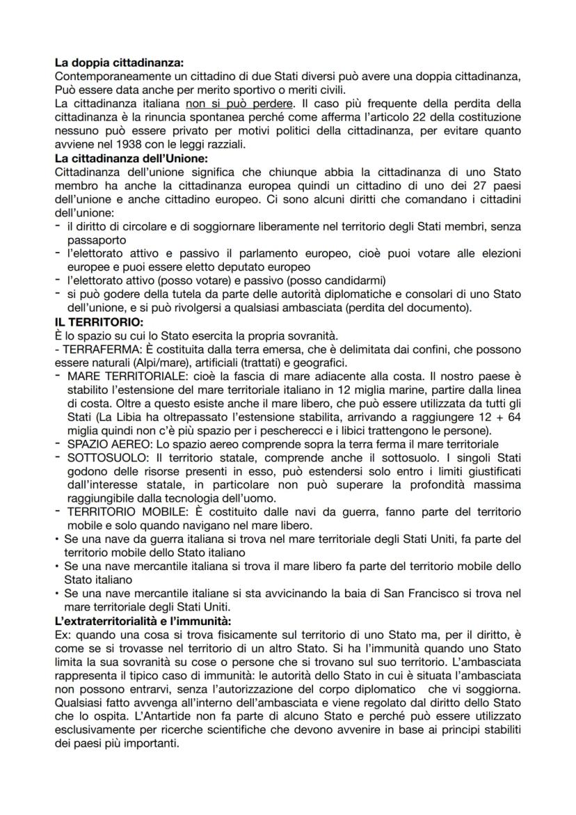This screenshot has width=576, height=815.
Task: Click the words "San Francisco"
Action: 428,593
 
